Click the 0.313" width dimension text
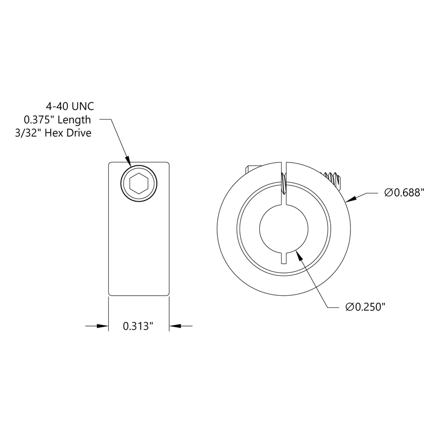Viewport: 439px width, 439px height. pyautogui.click(x=138, y=327)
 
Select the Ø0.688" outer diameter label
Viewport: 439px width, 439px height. pyautogui.click(x=404, y=192)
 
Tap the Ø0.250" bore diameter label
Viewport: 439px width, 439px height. pyautogui.click(x=365, y=307)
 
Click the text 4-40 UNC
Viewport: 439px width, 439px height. pyautogui.click(x=70, y=106)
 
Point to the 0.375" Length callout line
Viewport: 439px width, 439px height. pyautogui.click(x=57, y=120)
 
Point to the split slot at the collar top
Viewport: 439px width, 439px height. pyautogui.click(x=285, y=175)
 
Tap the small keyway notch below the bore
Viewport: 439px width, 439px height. pyautogui.click(x=285, y=257)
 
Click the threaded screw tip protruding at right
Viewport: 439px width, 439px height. pyautogui.click(x=334, y=178)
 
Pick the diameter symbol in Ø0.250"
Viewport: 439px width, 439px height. pyautogui.click(x=349, y=307)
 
